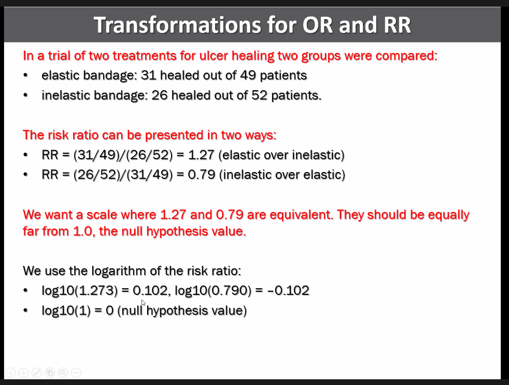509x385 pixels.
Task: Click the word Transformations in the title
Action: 178,25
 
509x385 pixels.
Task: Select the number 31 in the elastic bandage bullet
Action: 149,75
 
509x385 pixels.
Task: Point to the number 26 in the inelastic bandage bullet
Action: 160,95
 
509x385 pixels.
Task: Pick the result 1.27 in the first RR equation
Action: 201,155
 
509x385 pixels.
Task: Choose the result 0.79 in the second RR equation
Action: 202,175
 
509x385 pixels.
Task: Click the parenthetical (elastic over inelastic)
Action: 281,155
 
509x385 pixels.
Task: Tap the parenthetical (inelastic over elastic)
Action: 282,175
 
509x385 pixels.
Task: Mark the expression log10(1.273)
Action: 80,291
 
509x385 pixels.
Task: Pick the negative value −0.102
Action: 288,291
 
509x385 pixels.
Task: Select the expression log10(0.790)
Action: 213,291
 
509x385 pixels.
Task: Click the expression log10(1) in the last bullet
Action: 66,311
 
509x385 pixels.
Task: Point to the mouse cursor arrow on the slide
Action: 144,303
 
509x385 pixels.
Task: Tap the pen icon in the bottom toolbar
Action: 37,373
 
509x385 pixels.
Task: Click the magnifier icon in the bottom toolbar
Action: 63,373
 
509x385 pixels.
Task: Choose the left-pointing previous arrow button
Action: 10,373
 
